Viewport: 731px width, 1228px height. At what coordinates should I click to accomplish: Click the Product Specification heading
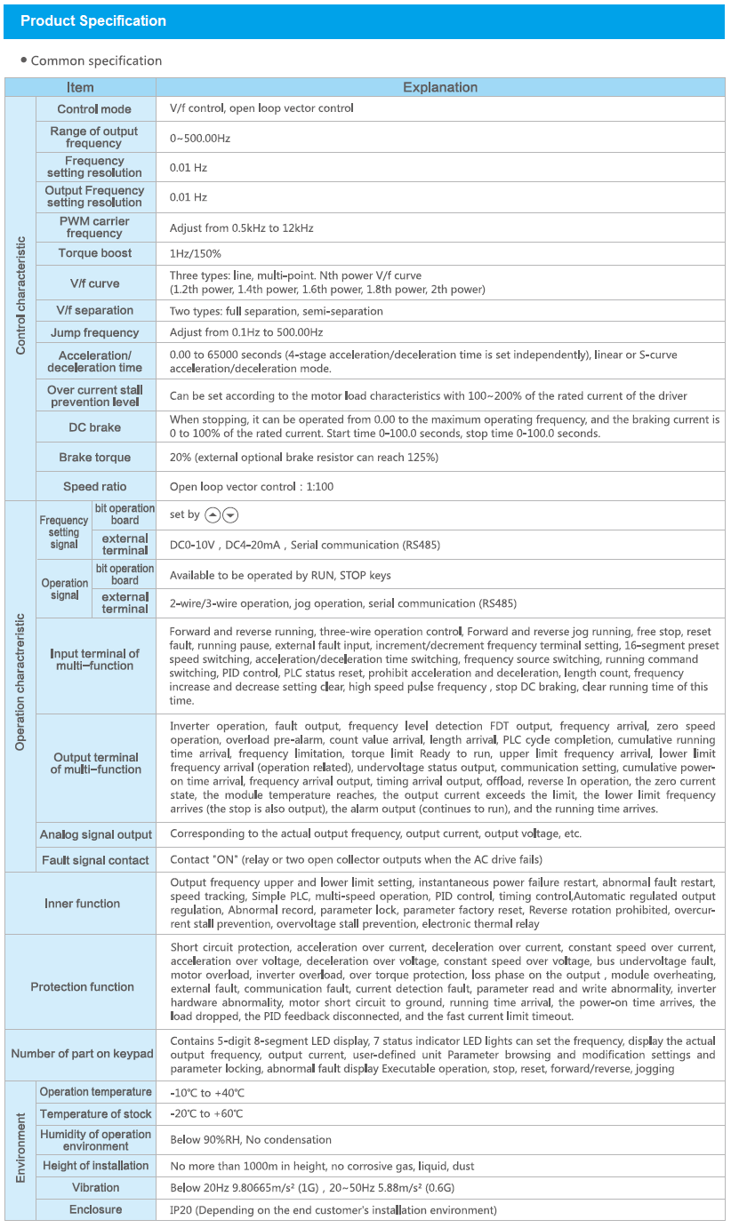(93, 21)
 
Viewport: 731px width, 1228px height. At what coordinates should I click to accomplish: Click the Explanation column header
(440, 87)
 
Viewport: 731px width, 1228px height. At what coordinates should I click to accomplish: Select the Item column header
(80, 87)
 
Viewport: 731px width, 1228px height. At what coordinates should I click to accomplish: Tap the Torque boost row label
(95, 253)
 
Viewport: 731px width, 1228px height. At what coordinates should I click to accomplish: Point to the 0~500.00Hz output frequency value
(200, 138)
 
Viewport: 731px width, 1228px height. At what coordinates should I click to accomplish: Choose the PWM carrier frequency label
(94, 227)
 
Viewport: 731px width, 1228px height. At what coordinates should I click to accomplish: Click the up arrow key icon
(213, 515)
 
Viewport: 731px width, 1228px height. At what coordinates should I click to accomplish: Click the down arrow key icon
(230, 515)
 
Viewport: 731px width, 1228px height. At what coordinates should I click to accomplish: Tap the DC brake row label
(95, 427)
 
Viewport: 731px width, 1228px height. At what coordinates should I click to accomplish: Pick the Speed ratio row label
(95, 487)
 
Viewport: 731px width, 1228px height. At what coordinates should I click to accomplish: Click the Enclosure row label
(96, 1209)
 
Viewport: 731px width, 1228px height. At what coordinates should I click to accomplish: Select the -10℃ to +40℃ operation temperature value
(206, 1092)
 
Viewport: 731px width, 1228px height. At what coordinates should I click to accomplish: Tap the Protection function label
(82, 987)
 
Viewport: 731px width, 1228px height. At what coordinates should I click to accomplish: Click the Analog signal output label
(96, 834)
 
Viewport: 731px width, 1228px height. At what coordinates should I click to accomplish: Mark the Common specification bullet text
(96, 60)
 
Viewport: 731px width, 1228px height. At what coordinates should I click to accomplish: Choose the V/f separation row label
(95, 310)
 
